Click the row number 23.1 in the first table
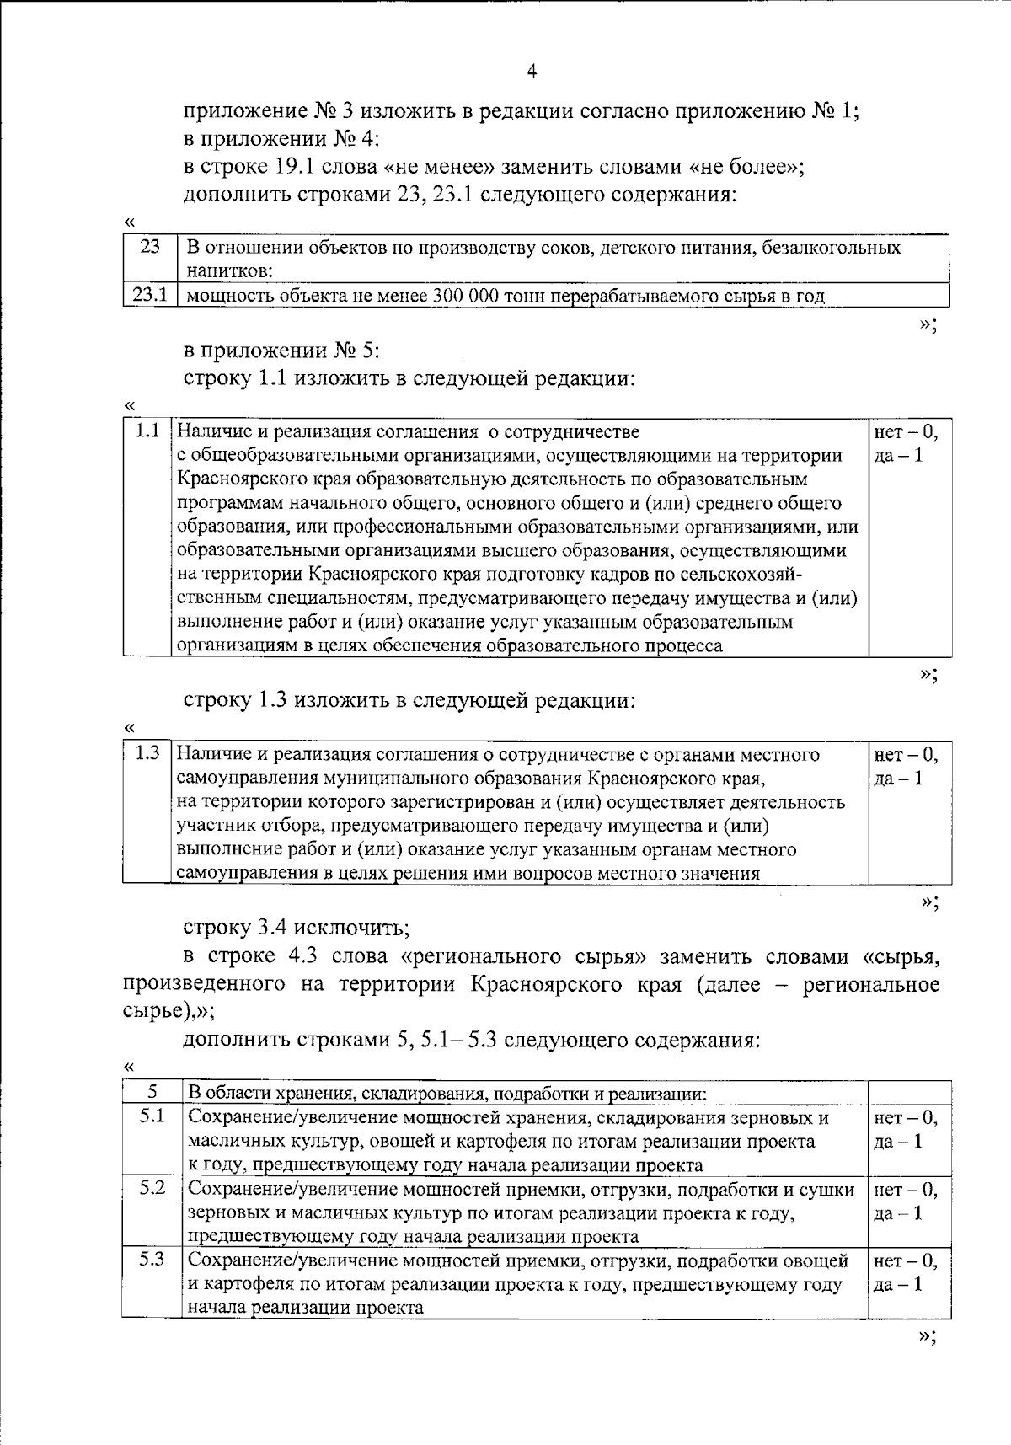point(149,295)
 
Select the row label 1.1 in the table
point(147,431)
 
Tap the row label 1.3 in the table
point(147,753)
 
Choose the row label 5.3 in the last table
point(152,1260)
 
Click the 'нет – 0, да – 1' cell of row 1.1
point(907,443)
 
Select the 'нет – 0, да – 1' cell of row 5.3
point(907,1272)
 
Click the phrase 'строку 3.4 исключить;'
point(297,928)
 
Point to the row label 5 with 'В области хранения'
point(152,1092)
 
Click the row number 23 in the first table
point(149,248)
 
